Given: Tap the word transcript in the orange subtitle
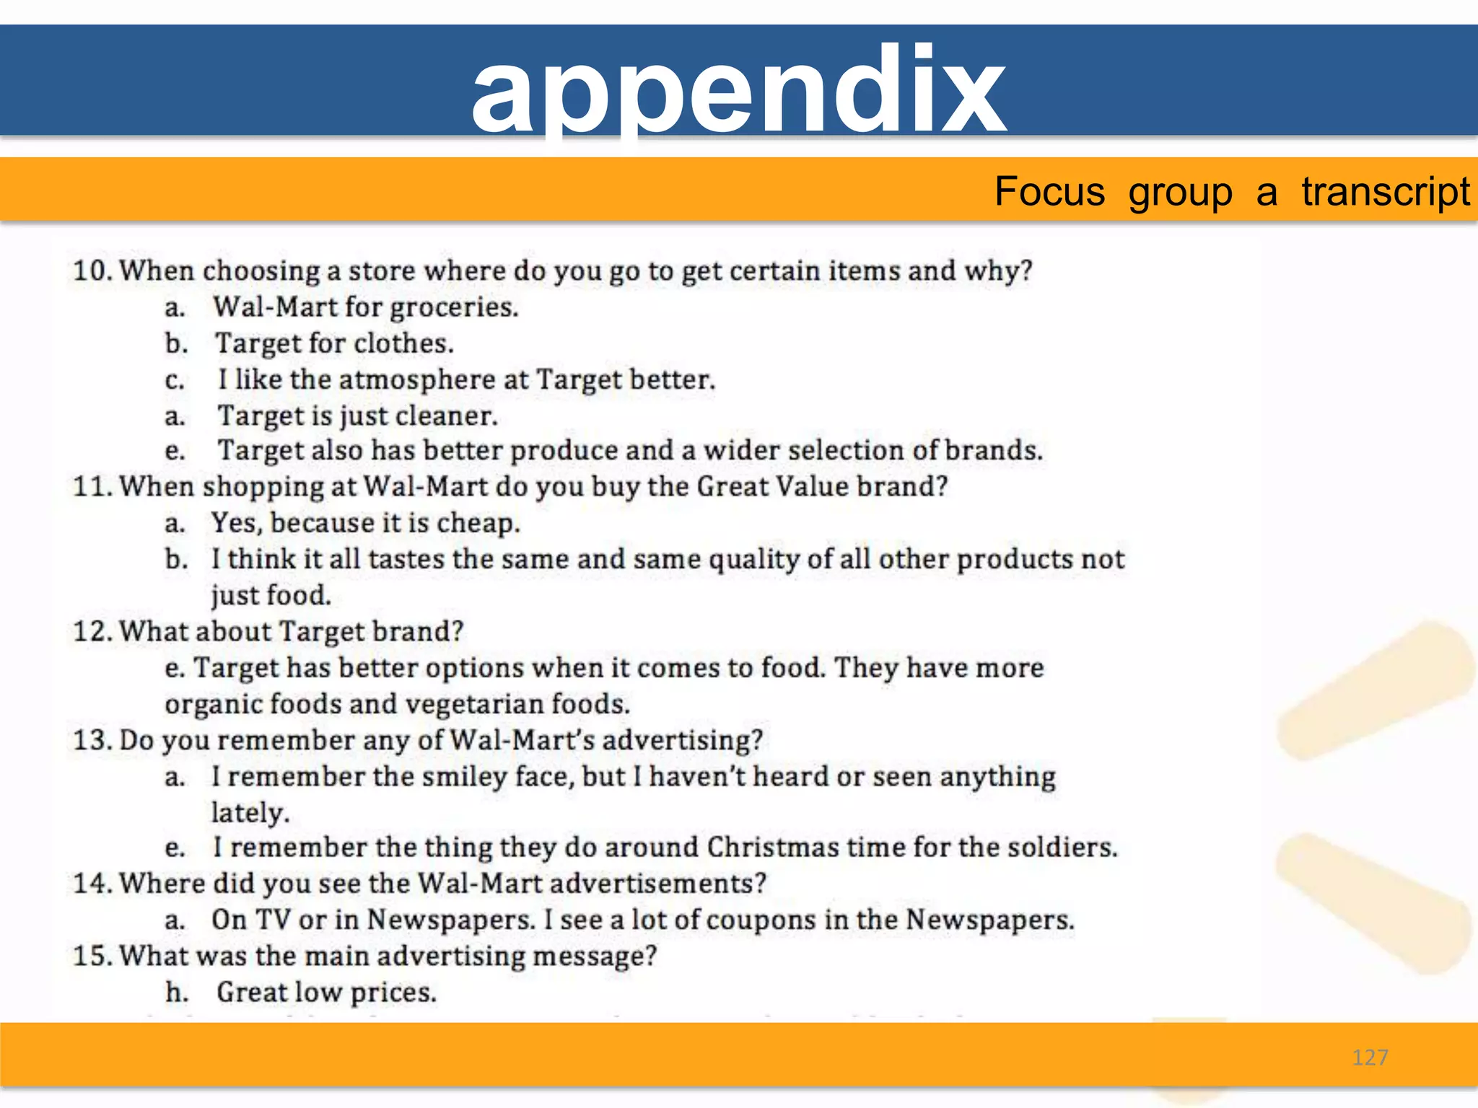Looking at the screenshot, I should (1385, 192).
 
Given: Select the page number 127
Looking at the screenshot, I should (1370, 1058).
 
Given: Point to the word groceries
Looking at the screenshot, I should (454, 308).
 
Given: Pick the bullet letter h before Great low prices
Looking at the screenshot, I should (175, 993).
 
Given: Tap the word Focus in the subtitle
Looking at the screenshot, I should (1049, 192).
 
